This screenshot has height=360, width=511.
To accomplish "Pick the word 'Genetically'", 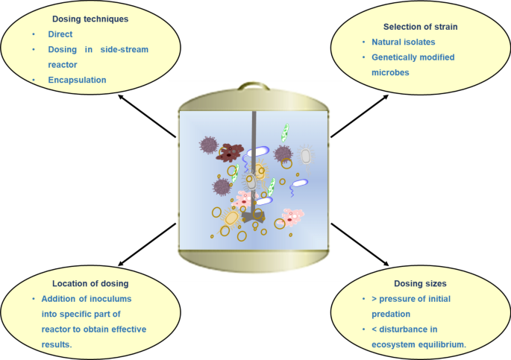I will pos(390,57).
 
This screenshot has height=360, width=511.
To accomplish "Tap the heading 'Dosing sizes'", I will pos(421,283).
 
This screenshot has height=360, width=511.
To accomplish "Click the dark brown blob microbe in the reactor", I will pos(231,153).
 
